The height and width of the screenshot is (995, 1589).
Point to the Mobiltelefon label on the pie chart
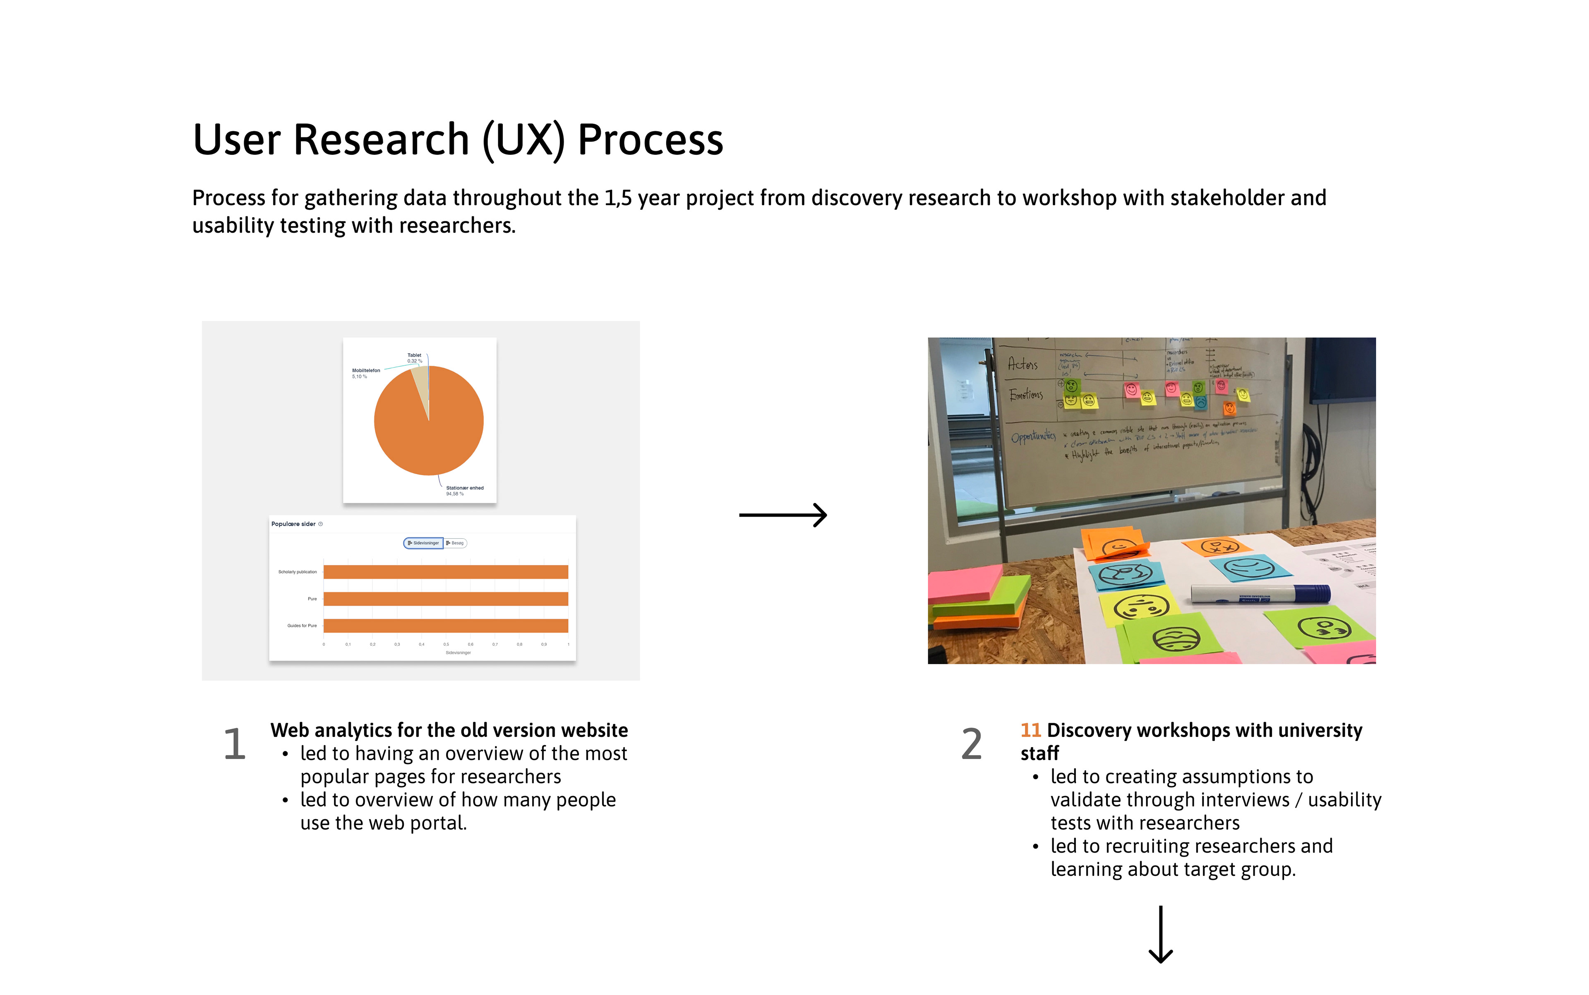366,371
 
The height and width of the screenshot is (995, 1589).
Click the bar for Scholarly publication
446,572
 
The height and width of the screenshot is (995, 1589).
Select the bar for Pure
446,599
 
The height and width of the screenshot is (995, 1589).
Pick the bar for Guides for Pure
446,626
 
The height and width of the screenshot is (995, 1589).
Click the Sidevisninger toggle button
423,543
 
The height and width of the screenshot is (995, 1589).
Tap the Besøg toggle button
456,543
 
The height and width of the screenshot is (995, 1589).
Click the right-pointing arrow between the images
782,515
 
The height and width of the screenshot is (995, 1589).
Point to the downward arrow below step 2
1160,935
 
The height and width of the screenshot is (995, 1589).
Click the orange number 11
1030,731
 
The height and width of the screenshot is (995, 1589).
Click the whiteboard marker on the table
1260,594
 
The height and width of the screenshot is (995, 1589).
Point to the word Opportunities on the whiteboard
1033,436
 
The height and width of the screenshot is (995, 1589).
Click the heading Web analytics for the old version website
449,731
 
